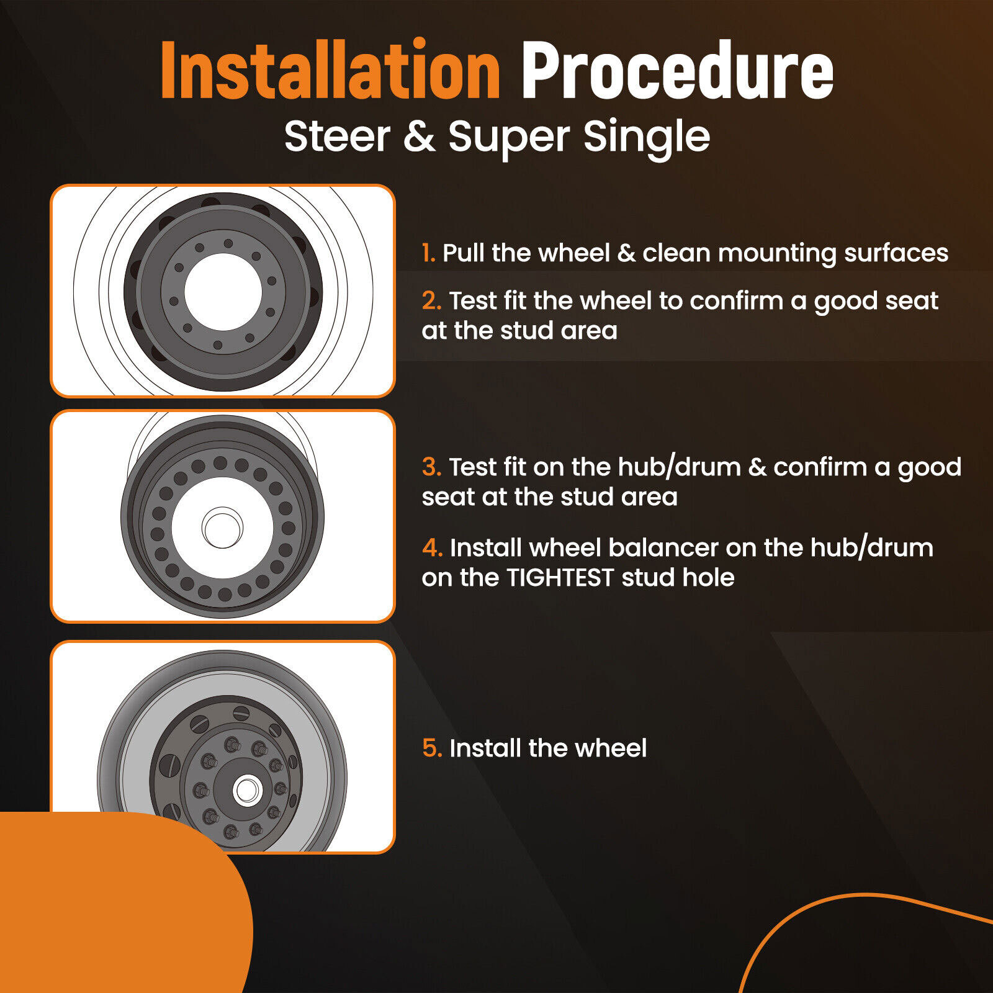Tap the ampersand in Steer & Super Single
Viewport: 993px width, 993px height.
click(420, 137)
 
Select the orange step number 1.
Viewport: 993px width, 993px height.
click(428, 253)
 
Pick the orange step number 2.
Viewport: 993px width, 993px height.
click(431, 301)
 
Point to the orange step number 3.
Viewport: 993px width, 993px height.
click(431, 467)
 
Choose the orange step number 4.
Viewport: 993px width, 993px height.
click(432, 547)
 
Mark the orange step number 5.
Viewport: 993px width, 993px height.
click(432, 748)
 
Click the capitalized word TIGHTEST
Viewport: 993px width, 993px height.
click(560, 577)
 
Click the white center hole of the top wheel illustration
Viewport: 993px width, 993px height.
click(223, 292)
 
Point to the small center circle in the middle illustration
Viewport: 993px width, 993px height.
click(222, 528)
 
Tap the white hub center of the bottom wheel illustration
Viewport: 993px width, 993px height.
click(247, 791)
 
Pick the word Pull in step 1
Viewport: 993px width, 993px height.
click(463, 253)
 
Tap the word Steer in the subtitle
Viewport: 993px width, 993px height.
click(338, 137)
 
